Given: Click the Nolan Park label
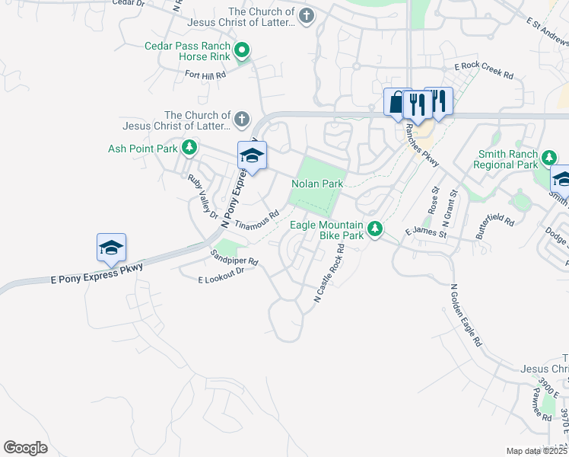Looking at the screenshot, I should [318, 184].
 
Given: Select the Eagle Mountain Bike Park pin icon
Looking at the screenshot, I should [374, 228].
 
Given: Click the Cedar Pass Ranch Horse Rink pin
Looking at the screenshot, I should [243, 51].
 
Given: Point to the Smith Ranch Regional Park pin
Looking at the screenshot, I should [548, 158].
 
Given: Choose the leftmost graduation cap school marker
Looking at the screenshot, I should [111, 248].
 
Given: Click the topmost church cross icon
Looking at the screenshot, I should [306, 17].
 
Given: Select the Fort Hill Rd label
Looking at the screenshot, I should [205, 75].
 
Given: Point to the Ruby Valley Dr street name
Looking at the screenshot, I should [203, 196].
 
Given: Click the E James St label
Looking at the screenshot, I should [425, 232].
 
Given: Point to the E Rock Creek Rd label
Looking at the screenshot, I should [484, 72].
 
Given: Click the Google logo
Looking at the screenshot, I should [25, 448].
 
